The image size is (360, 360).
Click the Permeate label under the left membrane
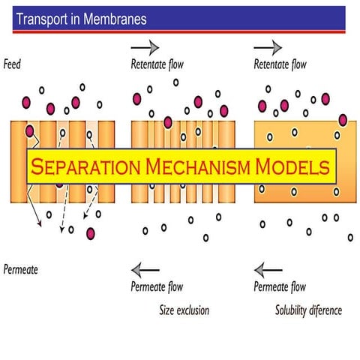pos(22,268)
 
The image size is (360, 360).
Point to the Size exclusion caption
pos(184,310)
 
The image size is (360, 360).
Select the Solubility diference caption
pos(308,310)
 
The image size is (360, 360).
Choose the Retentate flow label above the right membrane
pos(280,65)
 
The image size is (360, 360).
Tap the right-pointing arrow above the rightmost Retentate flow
pos(268,46)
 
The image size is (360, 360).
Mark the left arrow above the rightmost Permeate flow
pos(268,269)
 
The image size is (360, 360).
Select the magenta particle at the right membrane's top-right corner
pos(343,119)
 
